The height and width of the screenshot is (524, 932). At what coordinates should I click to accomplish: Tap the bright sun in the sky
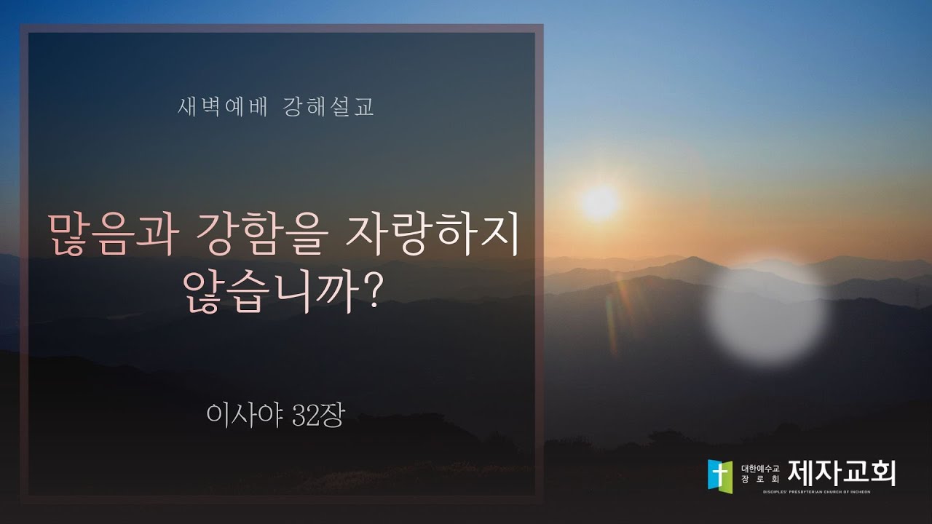point(599,202)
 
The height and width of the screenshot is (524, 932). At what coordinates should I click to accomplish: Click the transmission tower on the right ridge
point(916,294)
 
